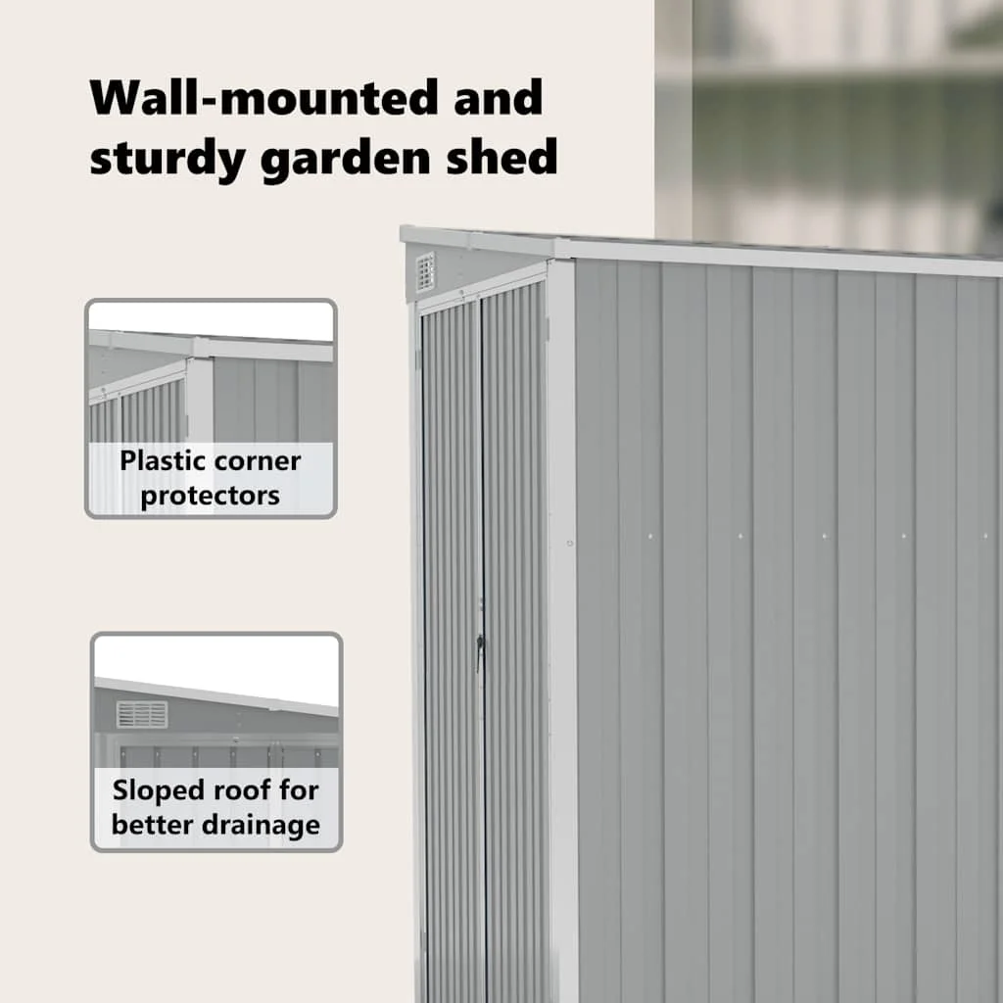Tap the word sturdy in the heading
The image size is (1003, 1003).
click(x=167, y=158)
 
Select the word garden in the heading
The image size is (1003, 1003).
click(x=345, y=158)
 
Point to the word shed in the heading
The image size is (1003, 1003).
click(x=502, y=156)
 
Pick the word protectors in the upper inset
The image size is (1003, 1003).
click(x=210, y=497)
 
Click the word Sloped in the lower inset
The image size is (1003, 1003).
click(x=151, y=791)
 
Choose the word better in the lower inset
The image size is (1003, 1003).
click(x=154, y=824)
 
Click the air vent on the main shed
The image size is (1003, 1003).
click(x=425, y=272)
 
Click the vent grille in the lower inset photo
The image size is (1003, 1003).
click(x=142, y=714)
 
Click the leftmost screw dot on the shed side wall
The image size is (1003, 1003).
click(x=650, y=536)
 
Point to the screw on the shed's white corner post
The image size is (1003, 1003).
click(x=569, y=544)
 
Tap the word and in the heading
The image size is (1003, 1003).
click(x=498, y=98)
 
